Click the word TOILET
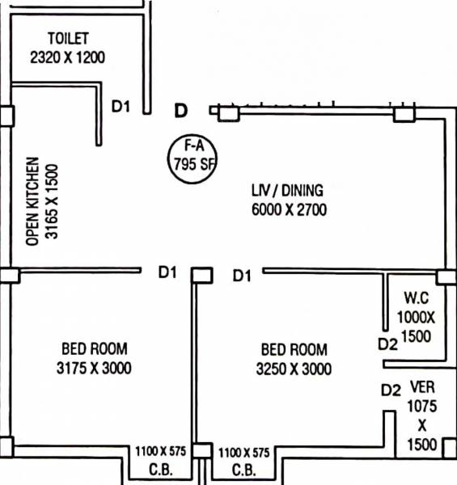68,39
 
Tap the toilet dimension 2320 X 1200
68,57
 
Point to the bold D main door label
182,109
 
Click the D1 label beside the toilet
121,107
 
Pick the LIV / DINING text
286,191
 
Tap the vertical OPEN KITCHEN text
32,201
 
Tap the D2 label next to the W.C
388,344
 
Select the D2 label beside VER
391,390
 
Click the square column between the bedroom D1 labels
201,276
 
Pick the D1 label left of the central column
167,273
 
